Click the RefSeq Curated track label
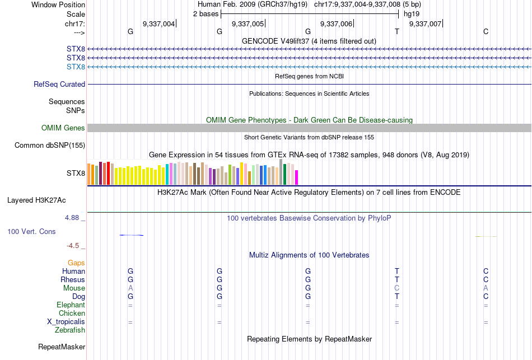(x=59, y=85)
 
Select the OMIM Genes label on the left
(x=63, y=128)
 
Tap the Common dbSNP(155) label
(x=50, y=146)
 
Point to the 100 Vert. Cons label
(x=31, y=231)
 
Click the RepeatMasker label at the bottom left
(x=62, y=347)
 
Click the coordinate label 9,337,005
(x=248, y=24)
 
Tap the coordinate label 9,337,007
(x=426, y=24)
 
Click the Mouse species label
(x=74, y=288)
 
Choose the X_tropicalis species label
(x=66, y=322)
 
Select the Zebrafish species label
(x=70, y=330)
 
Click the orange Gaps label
(x=76, y=263)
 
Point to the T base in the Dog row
(x=396, y=296)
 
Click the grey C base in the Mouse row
(x=396, y=288)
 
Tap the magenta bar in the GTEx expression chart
(x=296, y=177)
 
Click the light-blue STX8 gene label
(x=76, y=67)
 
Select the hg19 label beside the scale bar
(x=412, y=13)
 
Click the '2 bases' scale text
(x=204, y=13)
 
